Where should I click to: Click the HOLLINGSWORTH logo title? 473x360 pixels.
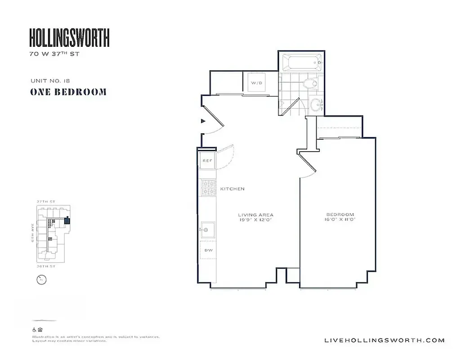69,38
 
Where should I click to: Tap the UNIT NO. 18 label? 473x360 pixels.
50,81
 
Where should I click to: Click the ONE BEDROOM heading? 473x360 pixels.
68,92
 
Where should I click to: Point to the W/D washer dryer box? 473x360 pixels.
256,83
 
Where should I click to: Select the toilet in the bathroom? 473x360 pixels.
310,83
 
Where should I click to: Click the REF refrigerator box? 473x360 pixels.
207,161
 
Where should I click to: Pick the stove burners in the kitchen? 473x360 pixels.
208,188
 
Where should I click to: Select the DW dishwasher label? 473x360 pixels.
208,250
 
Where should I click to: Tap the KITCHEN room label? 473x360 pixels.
232,189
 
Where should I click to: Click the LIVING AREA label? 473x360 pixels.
256,215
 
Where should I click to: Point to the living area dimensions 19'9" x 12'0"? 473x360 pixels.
256,220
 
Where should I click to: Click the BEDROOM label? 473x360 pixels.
340,215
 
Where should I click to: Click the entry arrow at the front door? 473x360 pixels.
203,121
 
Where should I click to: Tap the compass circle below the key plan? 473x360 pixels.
41,279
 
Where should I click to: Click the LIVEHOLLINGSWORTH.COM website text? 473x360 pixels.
384,340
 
